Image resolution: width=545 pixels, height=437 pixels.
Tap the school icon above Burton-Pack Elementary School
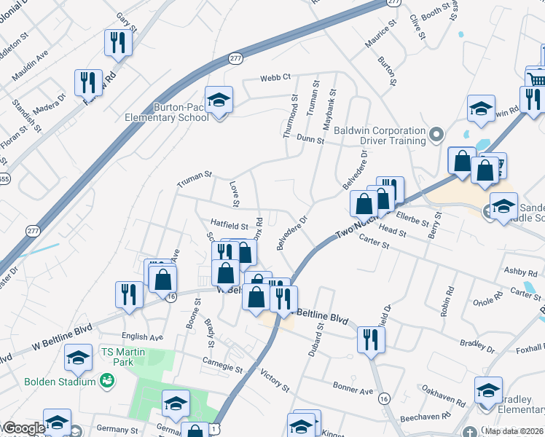[218, 99]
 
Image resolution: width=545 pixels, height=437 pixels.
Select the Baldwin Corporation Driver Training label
[380, 135]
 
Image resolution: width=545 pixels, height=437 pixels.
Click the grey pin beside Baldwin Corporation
[436, 134]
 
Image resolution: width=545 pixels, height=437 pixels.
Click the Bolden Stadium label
[60, 381]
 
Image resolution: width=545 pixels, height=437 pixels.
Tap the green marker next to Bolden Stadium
[107, 380]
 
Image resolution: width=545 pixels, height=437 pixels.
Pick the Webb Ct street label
[276, 76]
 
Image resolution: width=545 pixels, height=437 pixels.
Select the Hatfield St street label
[230, 227]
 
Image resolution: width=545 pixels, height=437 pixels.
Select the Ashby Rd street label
[522, 271]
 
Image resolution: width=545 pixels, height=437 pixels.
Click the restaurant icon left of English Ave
[129, 294]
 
